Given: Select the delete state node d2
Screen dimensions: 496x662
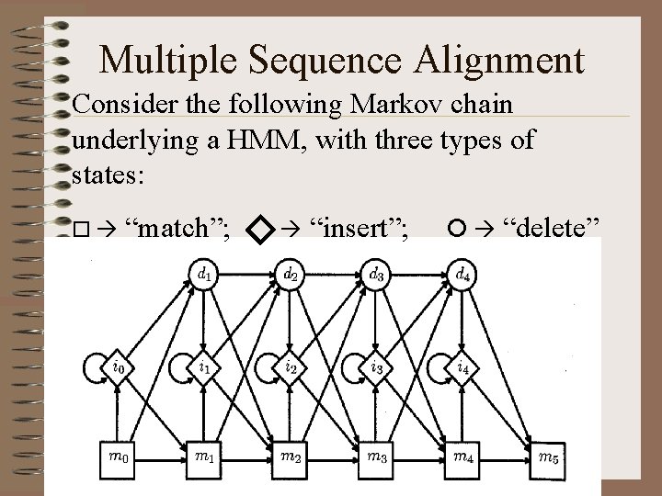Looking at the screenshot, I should pos(291,274).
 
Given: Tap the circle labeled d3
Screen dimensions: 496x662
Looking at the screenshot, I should pos(377,274).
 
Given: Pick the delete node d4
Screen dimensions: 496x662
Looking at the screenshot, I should pos(464,274).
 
